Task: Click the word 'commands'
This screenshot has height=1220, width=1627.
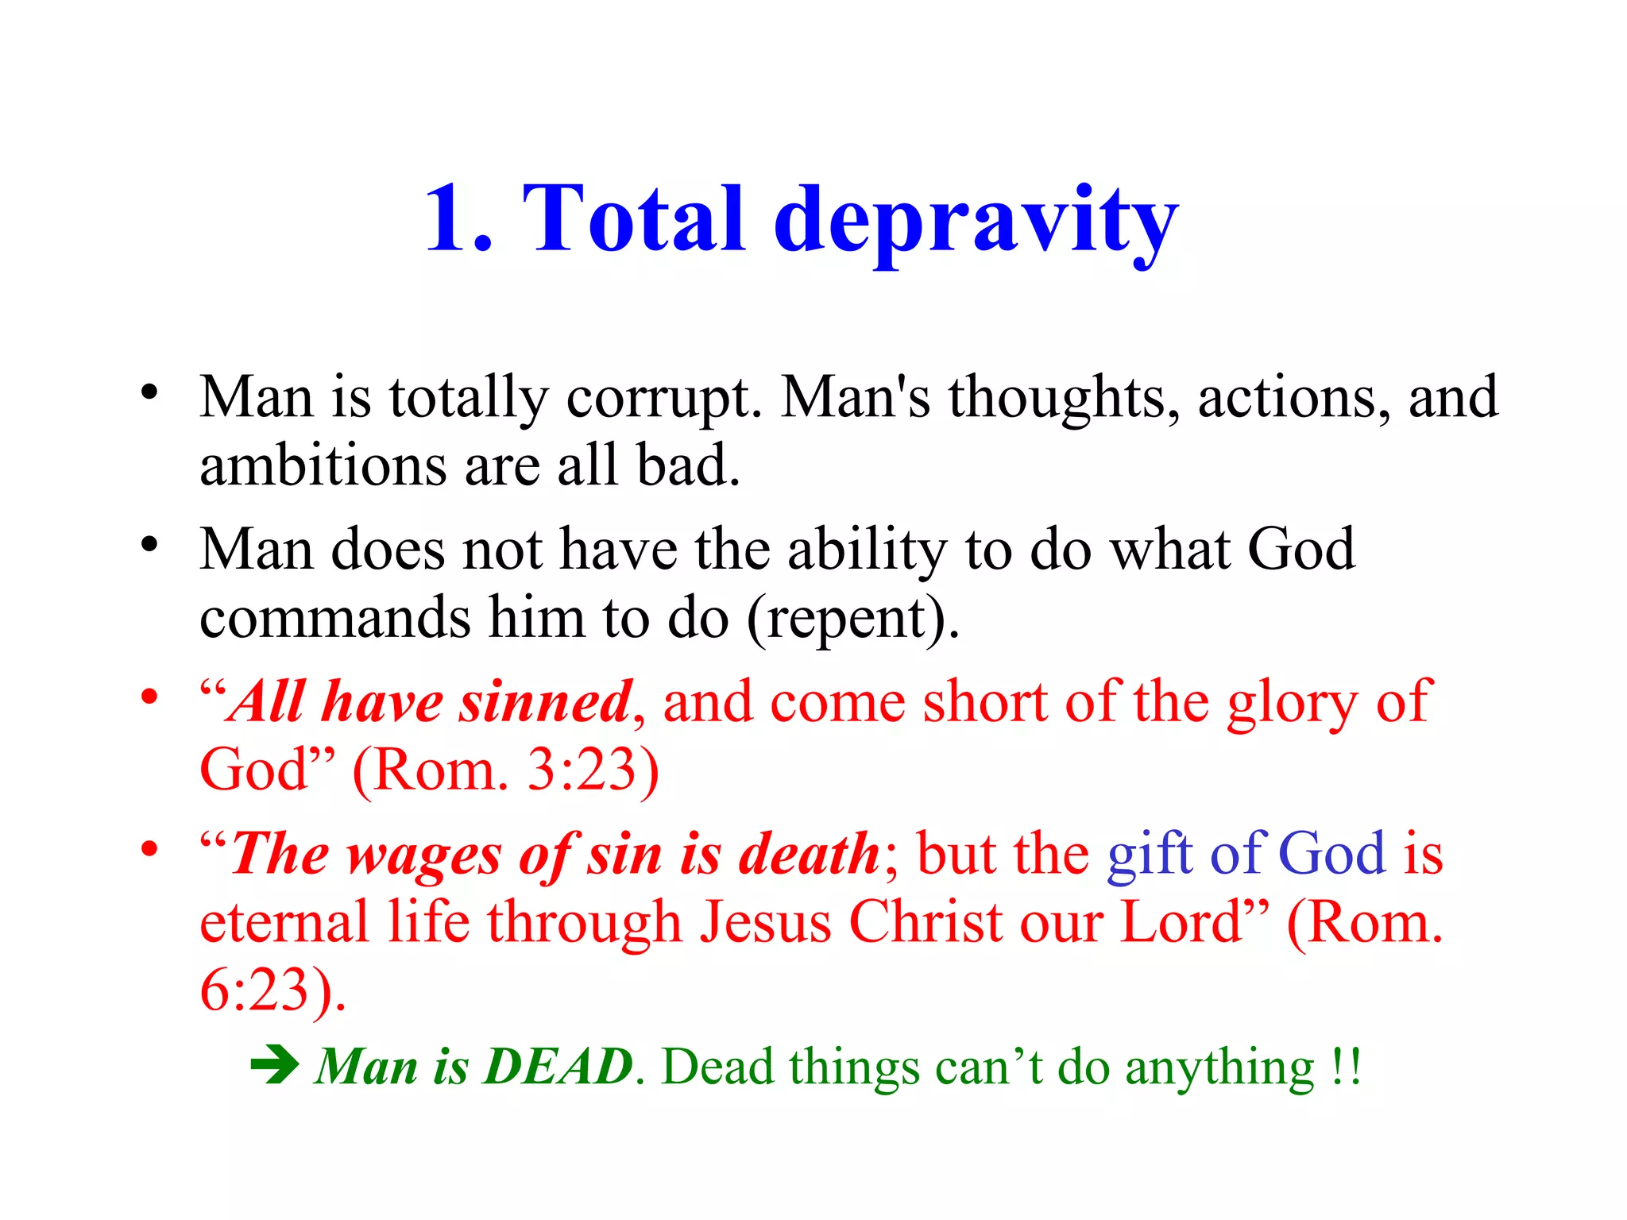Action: click(x=334, y=618)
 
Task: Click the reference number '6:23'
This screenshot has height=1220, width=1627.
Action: click(x=254, y=990)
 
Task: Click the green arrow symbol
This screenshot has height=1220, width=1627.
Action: click(x=274, y=1065)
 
